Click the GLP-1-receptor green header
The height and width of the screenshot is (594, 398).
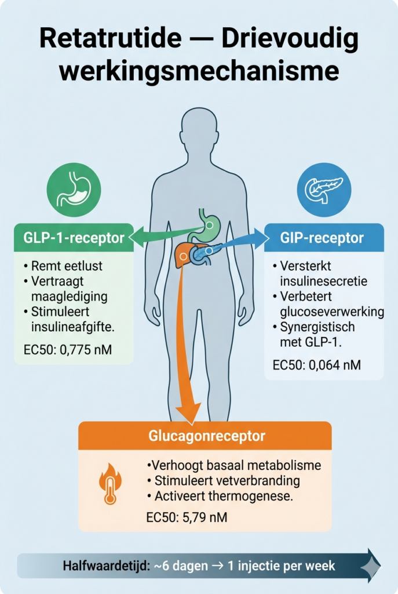pos(74,238)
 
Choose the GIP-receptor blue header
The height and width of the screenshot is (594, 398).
pos(324,238)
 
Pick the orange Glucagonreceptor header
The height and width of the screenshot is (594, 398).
pos(205,436)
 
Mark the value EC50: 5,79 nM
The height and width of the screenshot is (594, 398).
pos(186,516)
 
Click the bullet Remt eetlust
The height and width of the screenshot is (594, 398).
pos(63,266)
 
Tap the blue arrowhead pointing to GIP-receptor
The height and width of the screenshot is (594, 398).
pos(260,238)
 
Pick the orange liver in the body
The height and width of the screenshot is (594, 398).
pos(184,254)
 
